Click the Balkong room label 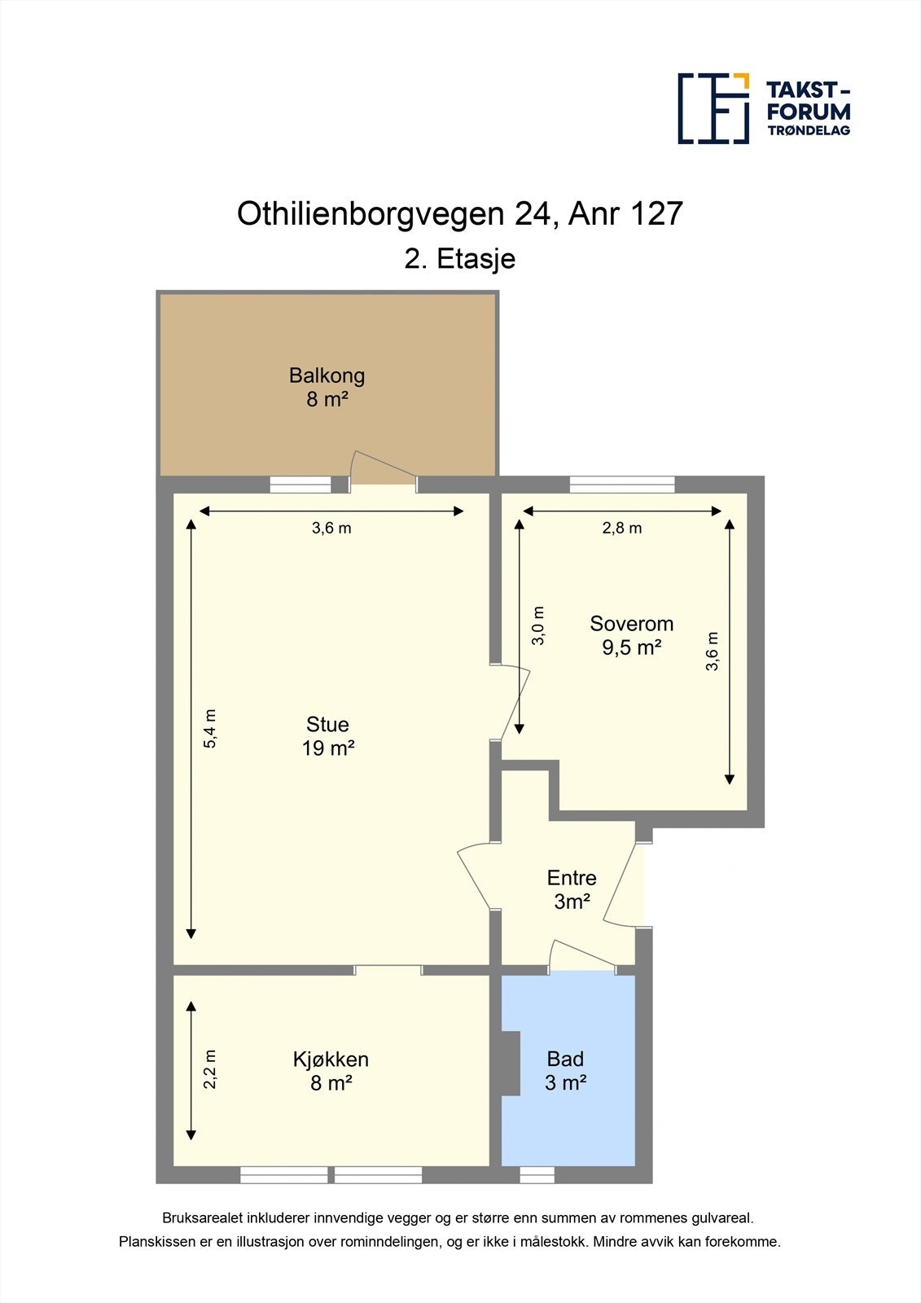(327, 375)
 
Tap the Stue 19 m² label (327, 736)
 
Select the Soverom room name (631, 624)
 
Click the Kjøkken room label (331, 1060)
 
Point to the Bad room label (565, 1059)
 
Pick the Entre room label (572, 878)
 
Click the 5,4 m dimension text (211, 730)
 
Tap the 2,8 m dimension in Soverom (622, 528)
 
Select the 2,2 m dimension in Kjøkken (211, 1069)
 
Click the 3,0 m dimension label (538, 625)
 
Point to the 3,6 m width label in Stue (331, 528)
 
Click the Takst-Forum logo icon (713, 108)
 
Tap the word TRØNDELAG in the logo (808, 130)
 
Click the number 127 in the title (656, 213)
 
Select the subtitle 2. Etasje (460, 259)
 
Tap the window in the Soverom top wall (622, 485)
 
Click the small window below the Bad (537, 1174)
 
